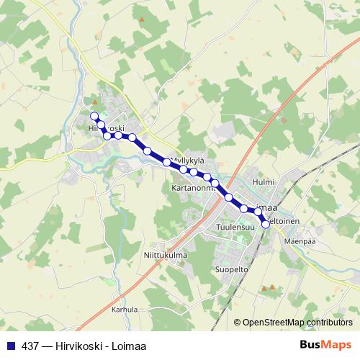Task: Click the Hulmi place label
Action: pos(264,183)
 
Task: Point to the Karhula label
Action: pos(124,309)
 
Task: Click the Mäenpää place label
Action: pos(300,241)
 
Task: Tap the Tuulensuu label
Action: pos(235,227)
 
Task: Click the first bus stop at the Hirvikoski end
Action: pos(94,116)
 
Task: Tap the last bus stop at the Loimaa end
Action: pos(266,225)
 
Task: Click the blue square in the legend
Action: pos(10,343)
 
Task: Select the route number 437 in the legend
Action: pos(31,343)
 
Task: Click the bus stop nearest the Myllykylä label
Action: pos(167,163)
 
